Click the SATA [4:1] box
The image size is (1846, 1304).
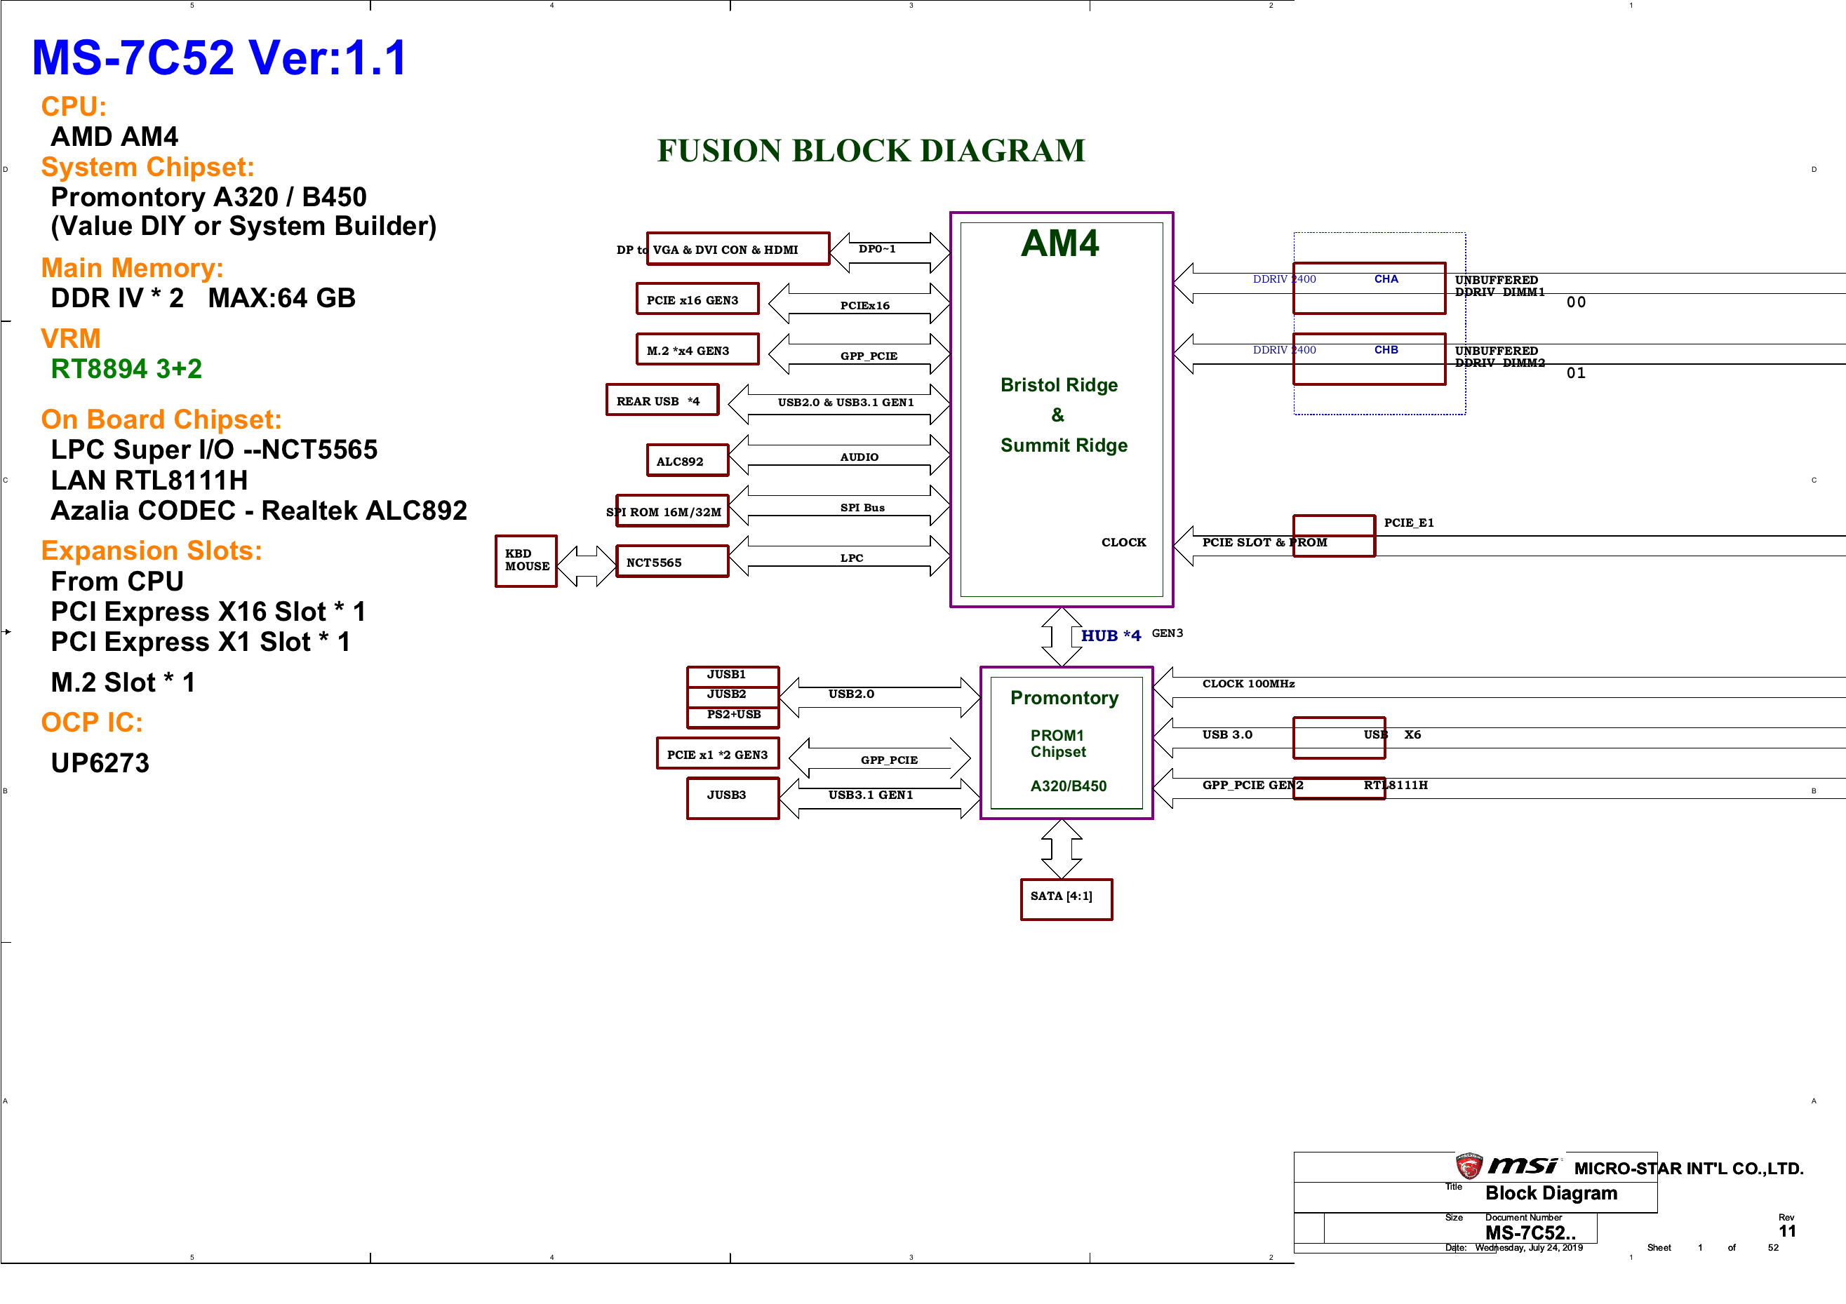tap(1066, 899)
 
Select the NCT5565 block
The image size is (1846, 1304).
tap(672, 561)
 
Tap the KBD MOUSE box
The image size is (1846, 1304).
tap(526, 561)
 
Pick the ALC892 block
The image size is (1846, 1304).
tap(688, 461)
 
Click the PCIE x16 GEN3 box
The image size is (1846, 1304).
tap(697, 299)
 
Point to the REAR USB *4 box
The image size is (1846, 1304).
tap(662, 400)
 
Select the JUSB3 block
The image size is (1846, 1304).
tap(733, 798)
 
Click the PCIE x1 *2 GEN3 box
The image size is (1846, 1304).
tap(717, 753)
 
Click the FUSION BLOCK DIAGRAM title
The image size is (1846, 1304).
tap(871, 150)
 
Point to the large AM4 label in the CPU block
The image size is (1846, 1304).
tap(1059, 243)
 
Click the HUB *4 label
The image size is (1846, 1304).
tap(1110, 635)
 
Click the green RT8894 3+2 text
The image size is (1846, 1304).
tap(126, 368)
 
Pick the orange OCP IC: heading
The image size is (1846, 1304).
tap(92, 722)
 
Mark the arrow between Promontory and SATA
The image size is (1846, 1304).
tap(1062, 849)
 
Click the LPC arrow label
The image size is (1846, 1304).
tap(852, 558)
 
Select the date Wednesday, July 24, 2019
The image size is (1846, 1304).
tap(1528, 1248)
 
